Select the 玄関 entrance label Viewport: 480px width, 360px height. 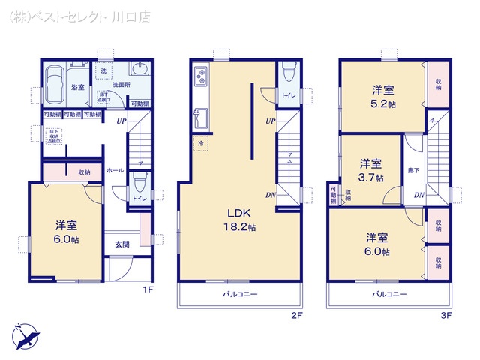[121, 243]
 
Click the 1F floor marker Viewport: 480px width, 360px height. [149, 289]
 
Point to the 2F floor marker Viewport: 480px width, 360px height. [296, 316]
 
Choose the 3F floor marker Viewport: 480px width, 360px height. [447, 316]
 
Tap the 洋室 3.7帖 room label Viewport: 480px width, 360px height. [370, 170]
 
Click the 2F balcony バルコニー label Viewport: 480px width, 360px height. [241, 294]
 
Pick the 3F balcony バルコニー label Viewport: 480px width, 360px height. [389, 294]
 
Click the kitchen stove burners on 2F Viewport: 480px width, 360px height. [201, 76]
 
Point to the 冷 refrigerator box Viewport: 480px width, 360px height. [201, 142]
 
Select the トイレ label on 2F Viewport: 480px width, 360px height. [289, 95]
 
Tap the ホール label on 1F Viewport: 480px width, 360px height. [115, 170]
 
